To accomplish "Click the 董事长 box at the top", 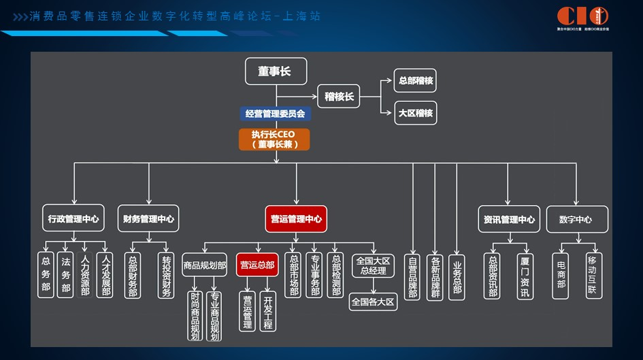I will click(276, 71).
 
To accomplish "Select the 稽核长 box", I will click(339, 97).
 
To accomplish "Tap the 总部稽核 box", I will click(415, 80).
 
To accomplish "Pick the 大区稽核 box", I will click(415, 113).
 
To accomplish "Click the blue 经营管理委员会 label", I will click(276, 114).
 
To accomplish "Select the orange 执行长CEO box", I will click(274, 139).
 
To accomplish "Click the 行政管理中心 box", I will click(73, 219).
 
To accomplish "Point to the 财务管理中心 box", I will click(148, 219).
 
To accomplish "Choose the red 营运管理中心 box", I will click(295, 219).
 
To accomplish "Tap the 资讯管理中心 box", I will click(508, 219).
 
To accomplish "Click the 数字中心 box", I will click(577, 219).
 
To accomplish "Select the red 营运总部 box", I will click(257, 265).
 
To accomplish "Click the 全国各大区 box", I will click(372, 301).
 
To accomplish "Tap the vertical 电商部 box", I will click(561, 275).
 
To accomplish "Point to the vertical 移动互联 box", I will click(593, 275).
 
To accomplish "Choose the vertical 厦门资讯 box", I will click(523, 275).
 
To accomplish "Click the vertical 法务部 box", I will click(66, 275).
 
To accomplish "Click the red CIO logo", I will click(582, 16).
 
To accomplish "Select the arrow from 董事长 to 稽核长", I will click(297, 96).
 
